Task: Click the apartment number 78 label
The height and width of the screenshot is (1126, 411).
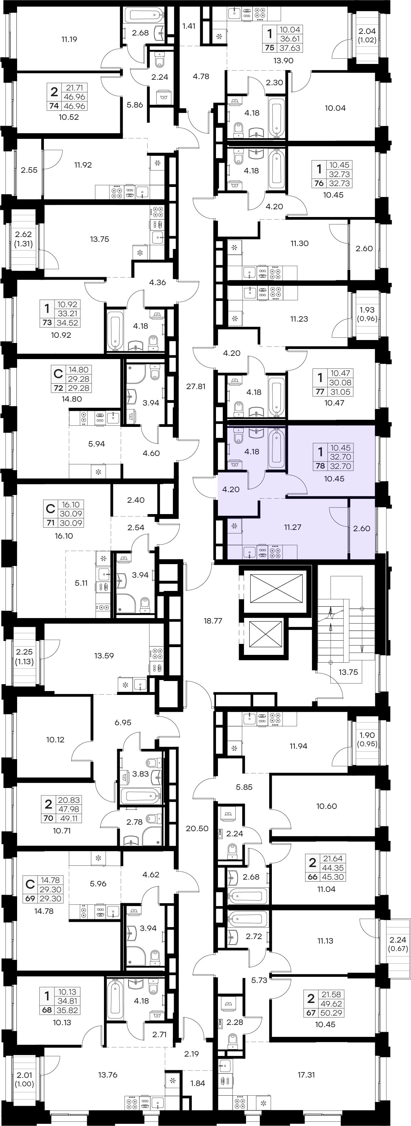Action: click(x=320, y=466)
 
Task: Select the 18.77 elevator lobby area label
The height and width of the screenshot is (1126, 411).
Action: click(x=213, y=620)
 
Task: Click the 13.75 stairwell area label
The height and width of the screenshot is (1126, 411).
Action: click(x=348, y=672)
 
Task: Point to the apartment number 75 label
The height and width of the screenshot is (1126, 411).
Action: click(x=270, y=48)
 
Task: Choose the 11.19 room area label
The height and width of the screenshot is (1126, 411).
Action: click(x=69, y=39)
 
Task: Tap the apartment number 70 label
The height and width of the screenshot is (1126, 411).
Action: click(x=48, y=818)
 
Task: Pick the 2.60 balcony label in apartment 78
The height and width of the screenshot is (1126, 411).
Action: click(x=362, y=529)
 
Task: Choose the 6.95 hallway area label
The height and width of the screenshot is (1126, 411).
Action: click(x=123, y=723)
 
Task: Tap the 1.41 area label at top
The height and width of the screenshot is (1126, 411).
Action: click(x=189, y=26)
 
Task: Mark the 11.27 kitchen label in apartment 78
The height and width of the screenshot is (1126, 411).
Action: click(x=293, y=527)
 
